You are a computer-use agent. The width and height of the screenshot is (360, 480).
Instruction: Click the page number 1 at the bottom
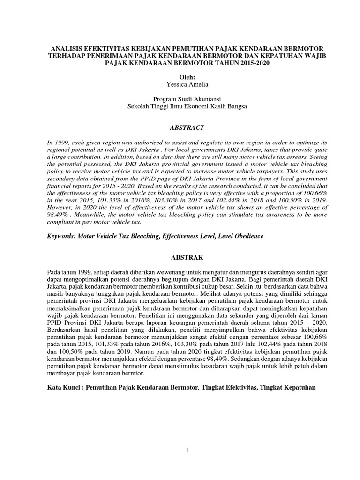tap(187, 450)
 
